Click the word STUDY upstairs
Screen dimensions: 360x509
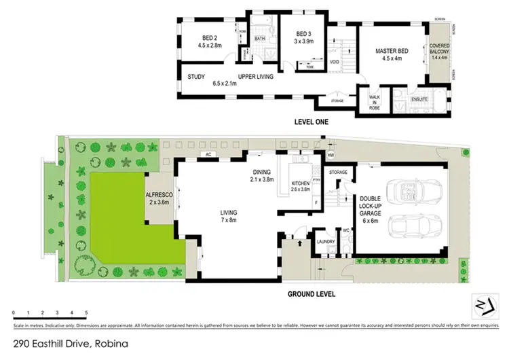[x=196, y=77]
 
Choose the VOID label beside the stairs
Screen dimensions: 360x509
[x=335, y=62]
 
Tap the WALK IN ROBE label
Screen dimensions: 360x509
[x=374, y=102]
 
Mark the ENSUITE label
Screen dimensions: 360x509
[x=419, y=100]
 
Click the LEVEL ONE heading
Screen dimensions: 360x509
[x=312, y=122]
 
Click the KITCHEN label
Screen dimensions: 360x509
[x=300, y=184]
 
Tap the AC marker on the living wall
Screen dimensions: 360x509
[x=210, y=155]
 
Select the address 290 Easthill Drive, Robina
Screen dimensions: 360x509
[x=71, y=344]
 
